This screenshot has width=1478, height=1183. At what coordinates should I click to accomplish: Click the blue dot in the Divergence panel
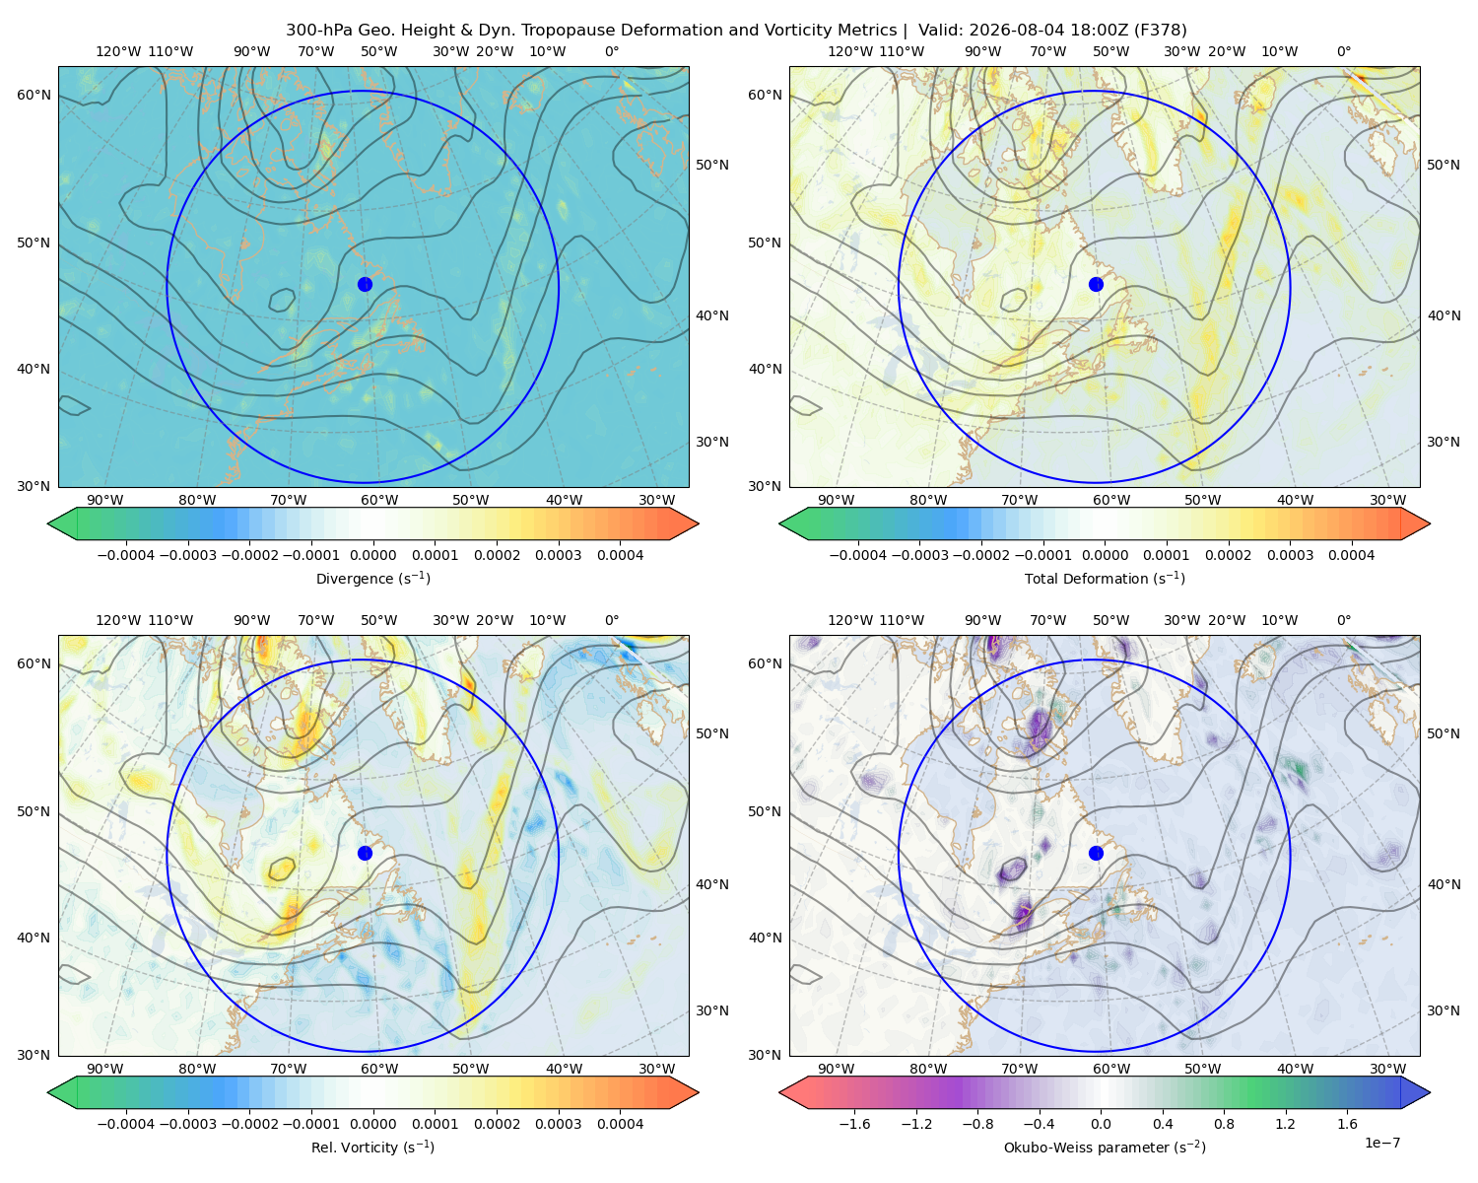pos(365,284)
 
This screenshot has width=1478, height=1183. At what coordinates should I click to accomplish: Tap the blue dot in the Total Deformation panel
pos(1096,284)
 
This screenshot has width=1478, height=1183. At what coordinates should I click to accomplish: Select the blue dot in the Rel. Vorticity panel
pos(365,853)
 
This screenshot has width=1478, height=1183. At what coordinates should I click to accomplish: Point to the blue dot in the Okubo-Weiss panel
pos(1096,853)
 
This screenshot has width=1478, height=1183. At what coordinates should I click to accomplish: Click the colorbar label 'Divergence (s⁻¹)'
pos(372,579)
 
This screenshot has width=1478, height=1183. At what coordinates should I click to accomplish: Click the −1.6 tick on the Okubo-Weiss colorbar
pos(855,1124)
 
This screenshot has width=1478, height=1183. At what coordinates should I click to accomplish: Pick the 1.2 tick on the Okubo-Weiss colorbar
pos(1285,1124)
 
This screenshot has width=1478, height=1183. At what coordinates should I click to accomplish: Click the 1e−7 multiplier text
pos(1381,1143)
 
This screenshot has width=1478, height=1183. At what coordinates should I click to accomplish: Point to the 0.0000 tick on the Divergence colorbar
pos(372,555)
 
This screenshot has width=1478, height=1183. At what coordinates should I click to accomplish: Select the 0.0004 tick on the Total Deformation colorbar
pos(1351,555)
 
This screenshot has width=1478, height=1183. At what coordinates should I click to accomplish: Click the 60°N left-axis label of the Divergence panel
pos(34,95)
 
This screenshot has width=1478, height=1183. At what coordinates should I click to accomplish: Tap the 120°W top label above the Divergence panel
pos(118,51)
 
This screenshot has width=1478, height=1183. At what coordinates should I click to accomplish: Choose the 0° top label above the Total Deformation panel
pos(1343,51)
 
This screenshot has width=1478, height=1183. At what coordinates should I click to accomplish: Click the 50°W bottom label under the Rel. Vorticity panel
pos(470,1069)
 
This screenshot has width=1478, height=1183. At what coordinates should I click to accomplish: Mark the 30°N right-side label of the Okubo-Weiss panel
pos(1444,1010)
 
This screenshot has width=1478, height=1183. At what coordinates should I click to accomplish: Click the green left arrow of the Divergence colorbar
pos(62,523)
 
